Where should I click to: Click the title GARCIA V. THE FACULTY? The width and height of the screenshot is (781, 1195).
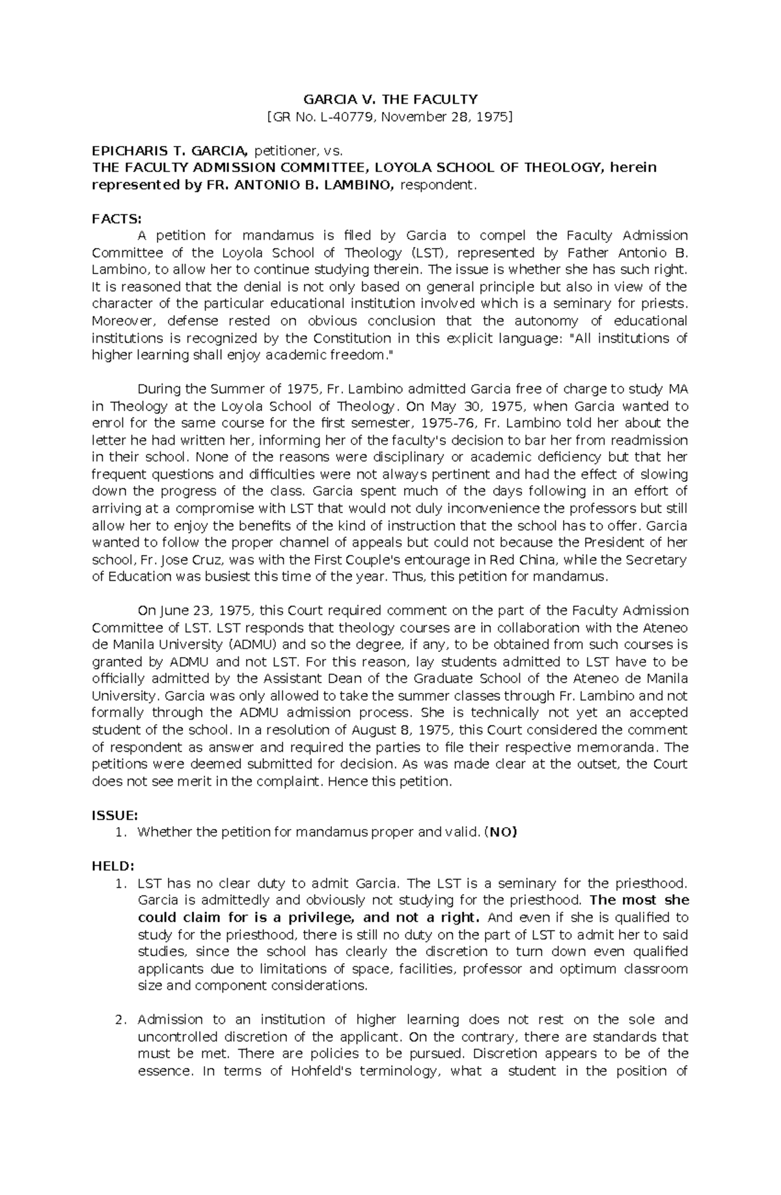[390, 100]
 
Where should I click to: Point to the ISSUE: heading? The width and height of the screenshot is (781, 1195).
[115, 815]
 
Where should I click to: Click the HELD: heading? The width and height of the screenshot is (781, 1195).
[113, 866]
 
